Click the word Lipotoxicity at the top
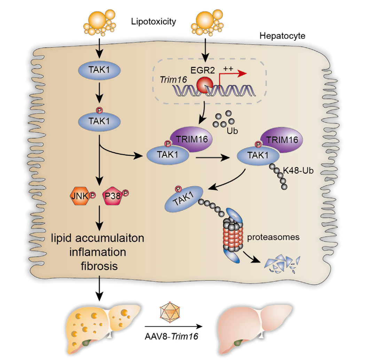pyautogui.click(x=154, y=22)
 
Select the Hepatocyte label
pyautogui.click(x=282, y=36)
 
